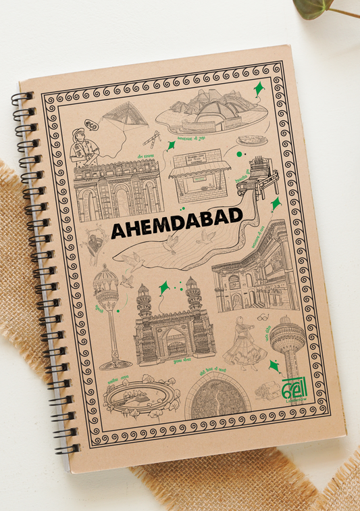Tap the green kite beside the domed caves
pos(260,89)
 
